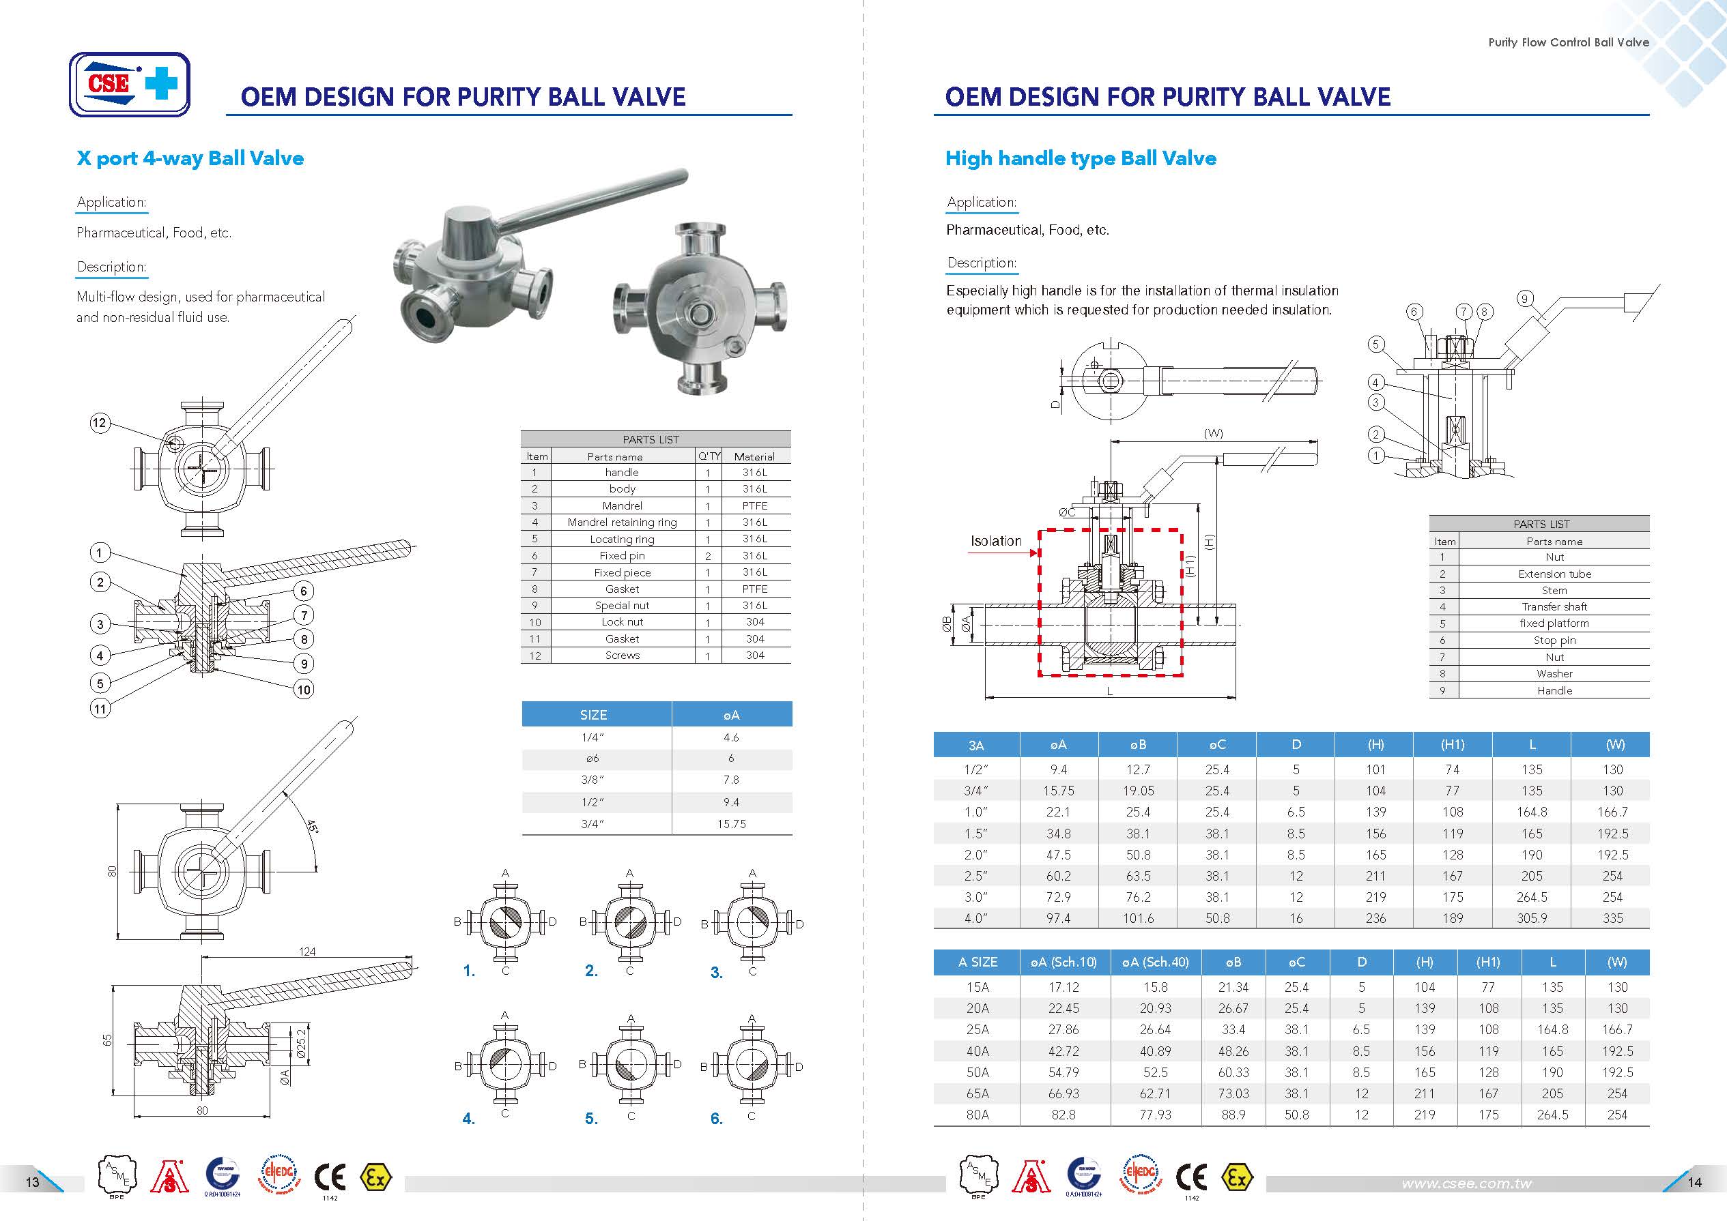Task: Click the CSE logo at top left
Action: [130, 84]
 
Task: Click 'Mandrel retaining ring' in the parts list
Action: [622, 522]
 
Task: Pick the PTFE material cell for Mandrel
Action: [754, 505]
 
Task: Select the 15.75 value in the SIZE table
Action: [731, 824]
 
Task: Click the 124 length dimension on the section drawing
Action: [307, 952]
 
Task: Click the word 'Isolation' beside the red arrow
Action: [996, 540]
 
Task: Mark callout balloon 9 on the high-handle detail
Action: [1524, 299]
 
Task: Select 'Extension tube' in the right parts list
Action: [1554, 574]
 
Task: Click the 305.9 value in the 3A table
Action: [1532, 918]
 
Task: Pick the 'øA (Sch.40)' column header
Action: [1156, 962]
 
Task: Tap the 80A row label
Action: [977, 1114]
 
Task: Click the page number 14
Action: [1694, 1182]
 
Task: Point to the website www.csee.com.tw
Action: [1466, 1183]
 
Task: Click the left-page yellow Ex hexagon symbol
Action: [375, 1177]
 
